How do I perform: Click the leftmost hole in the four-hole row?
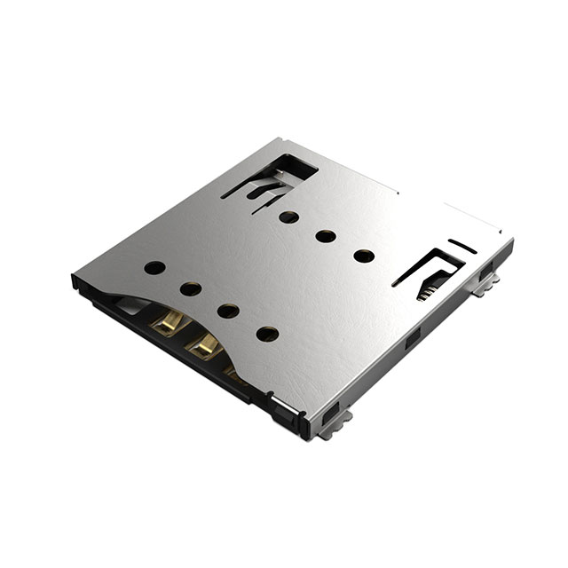(154, 266)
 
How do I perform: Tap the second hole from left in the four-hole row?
(190, 288)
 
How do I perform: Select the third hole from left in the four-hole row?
(228, 311)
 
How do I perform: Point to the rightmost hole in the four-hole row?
(267, 334)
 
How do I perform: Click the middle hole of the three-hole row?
(326, 236)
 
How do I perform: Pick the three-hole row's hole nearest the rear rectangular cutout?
(288, 216)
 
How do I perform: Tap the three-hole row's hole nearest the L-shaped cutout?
(364, 256)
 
